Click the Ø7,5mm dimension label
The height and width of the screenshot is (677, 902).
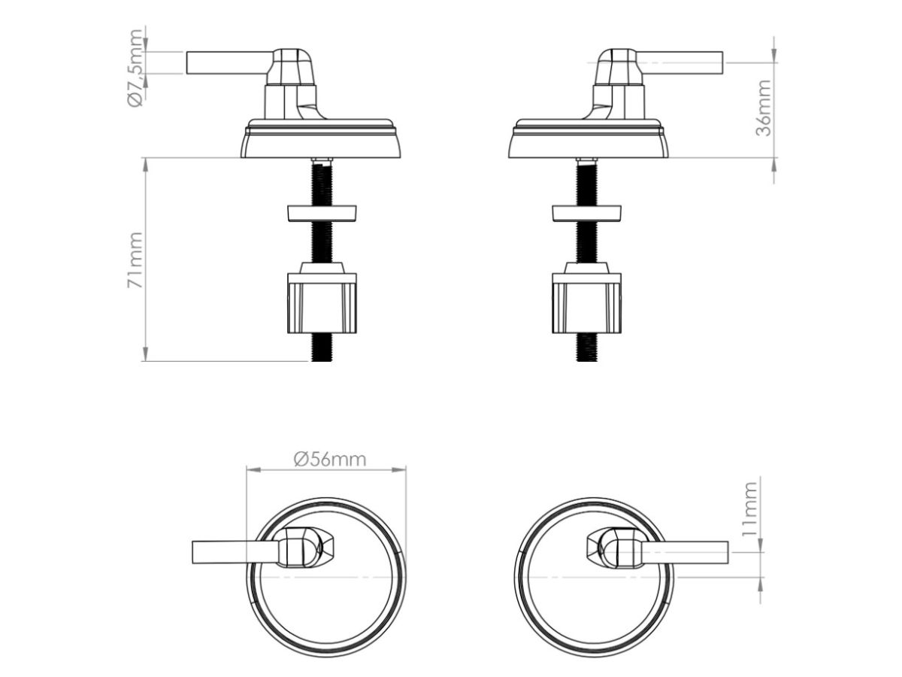coord(135,68)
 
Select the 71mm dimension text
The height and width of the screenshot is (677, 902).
coord(135,260)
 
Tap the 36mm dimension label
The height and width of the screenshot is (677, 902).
coord(764,108)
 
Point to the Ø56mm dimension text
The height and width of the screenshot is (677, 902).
coord(329,459)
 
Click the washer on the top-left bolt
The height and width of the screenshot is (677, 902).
coord(322,214)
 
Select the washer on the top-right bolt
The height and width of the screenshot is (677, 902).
coord(586,214)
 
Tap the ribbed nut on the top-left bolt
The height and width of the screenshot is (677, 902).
coord(322,298)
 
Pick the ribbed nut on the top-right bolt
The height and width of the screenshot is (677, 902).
coord(587,298)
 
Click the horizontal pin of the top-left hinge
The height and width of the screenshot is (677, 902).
coord(229,63)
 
